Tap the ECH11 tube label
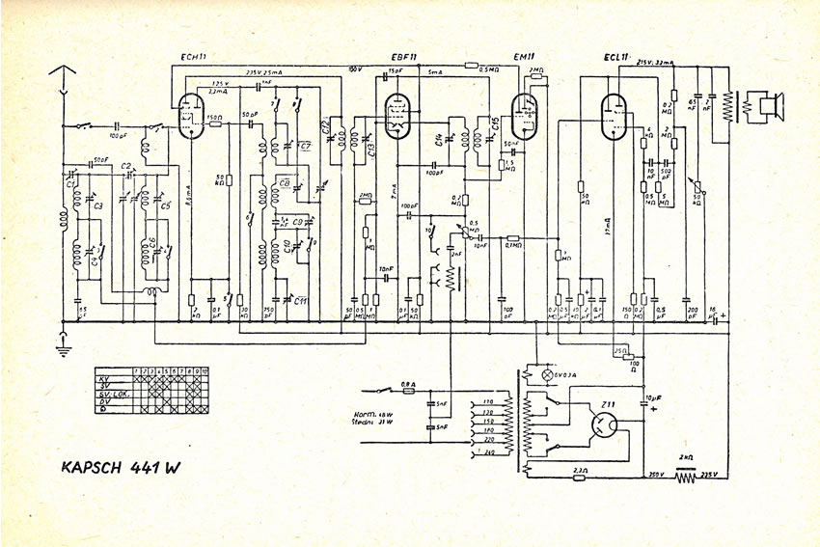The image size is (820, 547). tap(196, 58)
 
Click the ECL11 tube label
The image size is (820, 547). tap(618, 58)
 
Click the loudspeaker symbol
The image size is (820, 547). tap(770, 105)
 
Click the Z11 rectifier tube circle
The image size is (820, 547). tap(605, 424)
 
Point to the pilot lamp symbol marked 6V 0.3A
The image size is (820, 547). tap(550, 373)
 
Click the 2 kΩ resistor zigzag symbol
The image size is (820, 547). tap(686, 476)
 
